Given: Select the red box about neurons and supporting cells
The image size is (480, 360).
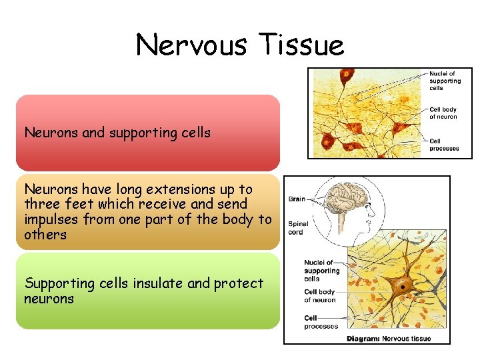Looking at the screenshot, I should click(x=147, y=133).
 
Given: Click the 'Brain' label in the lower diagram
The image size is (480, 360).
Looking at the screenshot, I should click(x=297, y=199).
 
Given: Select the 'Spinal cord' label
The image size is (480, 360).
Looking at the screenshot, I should click(x=297, y=228).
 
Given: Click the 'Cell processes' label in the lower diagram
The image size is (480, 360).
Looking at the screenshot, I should click(x=321, y=322).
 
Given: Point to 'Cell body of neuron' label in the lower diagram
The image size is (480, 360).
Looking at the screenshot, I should click(x=320, y=296).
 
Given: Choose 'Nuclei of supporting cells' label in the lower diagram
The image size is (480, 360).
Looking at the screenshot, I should click(x=322, y=271).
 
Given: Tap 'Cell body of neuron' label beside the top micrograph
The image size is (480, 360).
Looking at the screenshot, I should click(x=443, y=113).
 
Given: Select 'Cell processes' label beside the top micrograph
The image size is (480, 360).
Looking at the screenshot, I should click(x=444, y=145).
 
